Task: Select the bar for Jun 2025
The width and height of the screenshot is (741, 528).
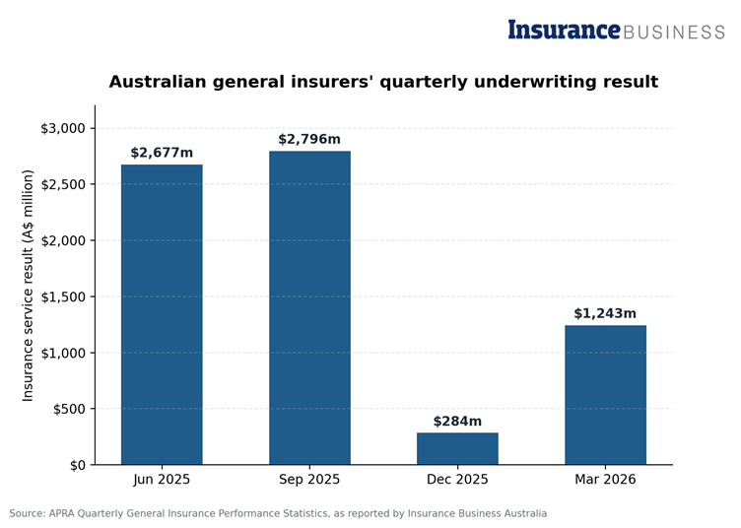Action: click(x=162, y=314)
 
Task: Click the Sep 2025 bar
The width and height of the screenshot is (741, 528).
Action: click(x=309, y=308)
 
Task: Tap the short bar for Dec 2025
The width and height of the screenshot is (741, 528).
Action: click(x=457, y=448)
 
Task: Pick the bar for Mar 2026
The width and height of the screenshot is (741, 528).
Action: click(x=605, y=395)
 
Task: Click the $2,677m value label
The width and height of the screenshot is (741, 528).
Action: click(x=162, y=153)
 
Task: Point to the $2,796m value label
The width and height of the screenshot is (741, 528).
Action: click(x=309, y=139)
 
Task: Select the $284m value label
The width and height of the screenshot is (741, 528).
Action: click(x=457, y=421)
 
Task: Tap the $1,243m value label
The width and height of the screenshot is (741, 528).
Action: click(x=605, y=313)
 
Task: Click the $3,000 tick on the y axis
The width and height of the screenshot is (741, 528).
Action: click(x=63, y=128)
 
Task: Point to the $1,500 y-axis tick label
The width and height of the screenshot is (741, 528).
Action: click(x=63, y=297)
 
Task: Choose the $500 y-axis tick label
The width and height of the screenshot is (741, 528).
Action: click(x=69, y=409)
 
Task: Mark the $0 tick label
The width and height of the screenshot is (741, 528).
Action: click(x=78, y=466)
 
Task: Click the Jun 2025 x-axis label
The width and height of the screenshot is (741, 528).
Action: click(x=162, y=480)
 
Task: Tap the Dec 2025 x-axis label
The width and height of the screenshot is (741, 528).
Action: click(x=457, y=480)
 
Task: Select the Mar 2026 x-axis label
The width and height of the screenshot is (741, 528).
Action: click(x=605, y=480)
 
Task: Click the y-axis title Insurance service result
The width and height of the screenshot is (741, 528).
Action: click(x=28, y=286)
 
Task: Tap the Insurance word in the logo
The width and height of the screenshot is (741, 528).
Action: click(x=565, y=30)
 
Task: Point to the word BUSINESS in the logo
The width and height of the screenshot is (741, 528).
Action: click(x=674, y=33)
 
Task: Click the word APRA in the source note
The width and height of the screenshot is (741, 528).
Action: click(x=61, y=513)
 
